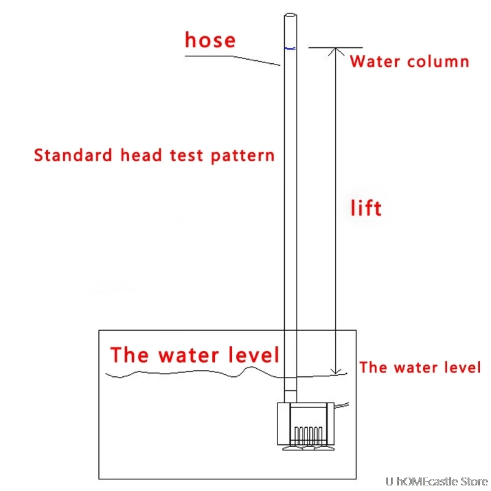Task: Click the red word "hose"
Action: coord(210,41)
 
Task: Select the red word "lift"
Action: coord(366,208)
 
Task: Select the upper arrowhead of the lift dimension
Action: coord(335,51)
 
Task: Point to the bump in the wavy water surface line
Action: coord(250,369)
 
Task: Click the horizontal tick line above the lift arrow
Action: coord(335,47)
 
